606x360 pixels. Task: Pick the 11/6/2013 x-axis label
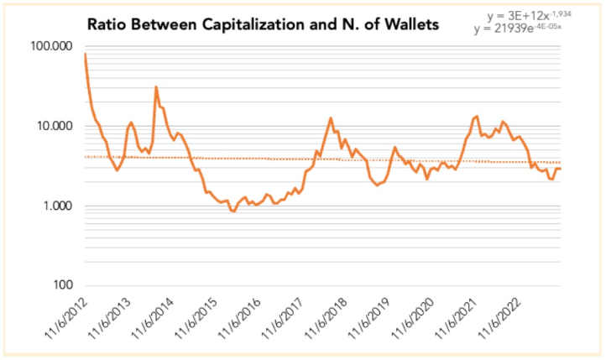click(110, 321)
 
